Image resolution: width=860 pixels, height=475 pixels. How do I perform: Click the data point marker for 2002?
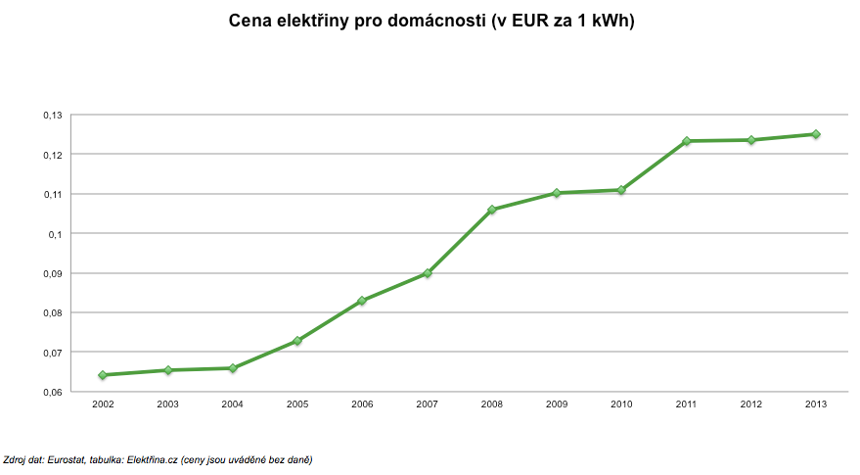[x=103, y=375]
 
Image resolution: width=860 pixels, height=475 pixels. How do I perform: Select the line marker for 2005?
[x=297, y=341]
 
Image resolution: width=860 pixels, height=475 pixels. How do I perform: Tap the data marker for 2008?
[x=492, y=210]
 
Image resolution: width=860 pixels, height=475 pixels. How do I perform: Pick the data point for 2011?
[x=687, y=141]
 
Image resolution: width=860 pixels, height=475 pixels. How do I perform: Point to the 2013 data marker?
[x=816, y=134]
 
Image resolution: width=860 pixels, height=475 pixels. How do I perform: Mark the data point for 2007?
[x=428, y=273]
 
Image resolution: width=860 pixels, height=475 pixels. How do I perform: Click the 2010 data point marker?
[x=621, y=190]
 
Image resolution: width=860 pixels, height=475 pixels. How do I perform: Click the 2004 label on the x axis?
[x=232, y=404]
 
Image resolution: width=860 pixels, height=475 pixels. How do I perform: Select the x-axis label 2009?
[x=557, y=404]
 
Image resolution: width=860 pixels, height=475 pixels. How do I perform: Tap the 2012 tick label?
[x=751, y=404]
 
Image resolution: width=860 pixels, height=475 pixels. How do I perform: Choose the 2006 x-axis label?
[x=362, y=404]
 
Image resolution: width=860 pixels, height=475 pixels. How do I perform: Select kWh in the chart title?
[x=611, y=21]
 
